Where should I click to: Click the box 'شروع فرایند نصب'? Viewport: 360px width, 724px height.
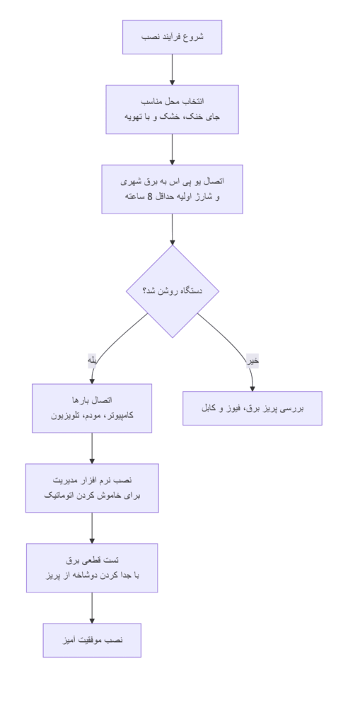coord(172,37)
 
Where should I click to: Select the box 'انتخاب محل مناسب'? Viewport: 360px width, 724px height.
coord(172,109)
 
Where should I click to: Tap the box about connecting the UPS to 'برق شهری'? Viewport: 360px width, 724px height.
coord(172,189)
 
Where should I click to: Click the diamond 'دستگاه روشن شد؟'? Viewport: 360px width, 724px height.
coord(172,291)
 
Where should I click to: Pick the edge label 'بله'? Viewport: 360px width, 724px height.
coord(92,361)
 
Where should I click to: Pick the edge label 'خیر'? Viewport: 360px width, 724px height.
coord(252,361)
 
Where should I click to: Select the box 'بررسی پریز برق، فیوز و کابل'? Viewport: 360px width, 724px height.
coord(252,408)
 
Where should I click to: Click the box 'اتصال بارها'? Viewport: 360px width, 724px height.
coord(92,408)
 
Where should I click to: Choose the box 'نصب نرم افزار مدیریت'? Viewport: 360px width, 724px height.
coord(92,488)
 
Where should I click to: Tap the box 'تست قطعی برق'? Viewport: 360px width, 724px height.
coord(92,568)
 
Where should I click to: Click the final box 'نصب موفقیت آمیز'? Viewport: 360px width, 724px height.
coord(92,640)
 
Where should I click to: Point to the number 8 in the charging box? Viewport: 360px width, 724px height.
coord(150,197)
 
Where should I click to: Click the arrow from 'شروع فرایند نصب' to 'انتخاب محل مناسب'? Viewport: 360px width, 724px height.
coord(172,69)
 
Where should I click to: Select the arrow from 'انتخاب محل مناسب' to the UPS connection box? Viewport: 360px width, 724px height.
coord(172,149)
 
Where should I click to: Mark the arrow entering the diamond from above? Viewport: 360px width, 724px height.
coord(172,229)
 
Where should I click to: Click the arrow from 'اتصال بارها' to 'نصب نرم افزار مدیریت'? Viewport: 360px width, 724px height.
coord(92,448)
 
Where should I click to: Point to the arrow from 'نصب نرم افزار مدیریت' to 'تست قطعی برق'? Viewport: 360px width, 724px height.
coord(92,528)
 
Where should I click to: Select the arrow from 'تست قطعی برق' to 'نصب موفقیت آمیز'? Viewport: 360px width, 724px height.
coord(92,608)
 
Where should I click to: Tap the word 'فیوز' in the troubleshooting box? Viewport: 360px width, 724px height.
coord(231,409)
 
